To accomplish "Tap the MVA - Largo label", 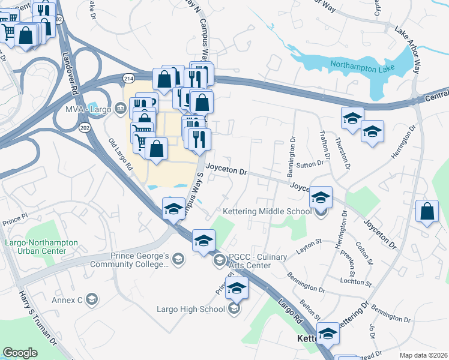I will [88, 110].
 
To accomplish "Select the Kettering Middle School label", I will [267, 211].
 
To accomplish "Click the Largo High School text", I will [190, 310].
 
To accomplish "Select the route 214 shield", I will [129, 79].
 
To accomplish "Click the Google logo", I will [20, 353].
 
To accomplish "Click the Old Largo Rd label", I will [120, 155].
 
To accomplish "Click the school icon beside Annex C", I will [91, 299].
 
